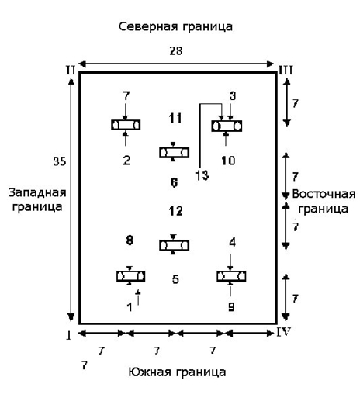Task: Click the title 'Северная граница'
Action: click(175, 26)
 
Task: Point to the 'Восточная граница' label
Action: click(324, 201)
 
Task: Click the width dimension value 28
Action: click(175, 50)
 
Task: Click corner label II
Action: click(70, 71)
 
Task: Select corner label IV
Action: click(285, 332)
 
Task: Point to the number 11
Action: click(175, 118)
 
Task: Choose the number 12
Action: click(175, 210)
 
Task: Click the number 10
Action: click(227, 161)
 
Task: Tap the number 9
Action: click(230, 306)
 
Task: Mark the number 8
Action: click(130, 239)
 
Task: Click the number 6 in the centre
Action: click(174, 183)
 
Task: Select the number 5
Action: click(175, 279)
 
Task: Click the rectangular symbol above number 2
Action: click(126, 125)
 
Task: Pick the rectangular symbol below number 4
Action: click(231, 275)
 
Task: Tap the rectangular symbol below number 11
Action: click(174, 152)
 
